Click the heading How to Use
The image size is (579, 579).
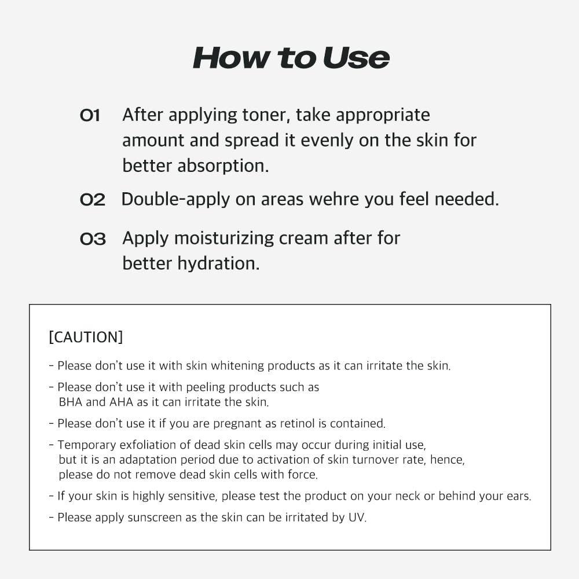coord(291,57)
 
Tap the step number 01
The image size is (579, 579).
coord(90,116)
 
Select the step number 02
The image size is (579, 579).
coord(92,200)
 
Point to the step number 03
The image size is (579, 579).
coord(93,239)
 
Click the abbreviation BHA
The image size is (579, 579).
coord(71,401)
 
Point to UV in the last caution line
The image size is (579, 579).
coord(357,518)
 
